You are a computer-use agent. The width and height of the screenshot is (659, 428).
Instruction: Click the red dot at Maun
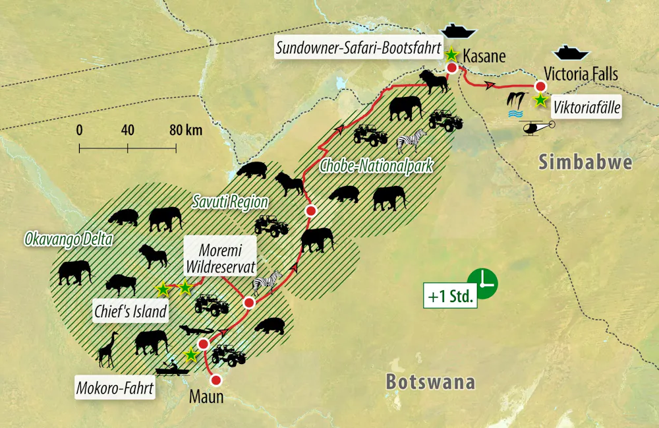point(215,380)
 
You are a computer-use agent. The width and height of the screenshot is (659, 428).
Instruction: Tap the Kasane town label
point(484,55)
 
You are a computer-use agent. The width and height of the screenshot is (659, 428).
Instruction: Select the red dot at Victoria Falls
point(540,86)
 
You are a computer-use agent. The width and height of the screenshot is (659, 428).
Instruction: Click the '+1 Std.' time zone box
point(451,297)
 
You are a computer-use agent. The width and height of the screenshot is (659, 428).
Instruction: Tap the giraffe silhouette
point(107,350)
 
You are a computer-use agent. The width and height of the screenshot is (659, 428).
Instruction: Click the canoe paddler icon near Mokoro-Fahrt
point(168,369)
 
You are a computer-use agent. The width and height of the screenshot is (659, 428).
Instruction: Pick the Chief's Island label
point(129,311)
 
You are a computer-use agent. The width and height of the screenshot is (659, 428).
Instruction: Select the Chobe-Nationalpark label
point(376,166)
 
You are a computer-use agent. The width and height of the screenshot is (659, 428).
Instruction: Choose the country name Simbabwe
point(585,162)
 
